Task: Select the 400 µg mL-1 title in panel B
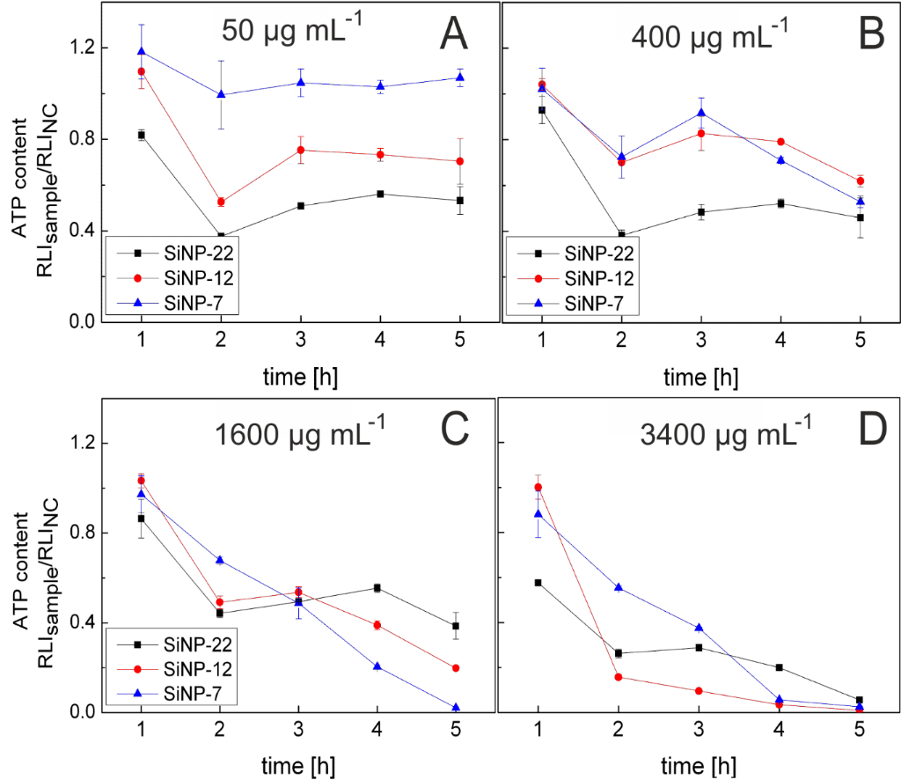coord(709,39)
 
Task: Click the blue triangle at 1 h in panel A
coord(142,52)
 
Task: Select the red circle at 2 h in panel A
coord(221,202)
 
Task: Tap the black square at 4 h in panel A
coord(379,194)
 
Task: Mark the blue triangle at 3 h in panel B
coord(700,113)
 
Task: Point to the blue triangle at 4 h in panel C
coord(377,666)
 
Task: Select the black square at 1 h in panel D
coord(537,583)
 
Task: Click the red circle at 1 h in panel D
coord(537,487)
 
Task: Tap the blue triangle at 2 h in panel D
coord(618,587)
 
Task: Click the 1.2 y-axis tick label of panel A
coord(82,48)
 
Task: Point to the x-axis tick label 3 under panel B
coord(700,340)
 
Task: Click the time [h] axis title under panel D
coord(700,761)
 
